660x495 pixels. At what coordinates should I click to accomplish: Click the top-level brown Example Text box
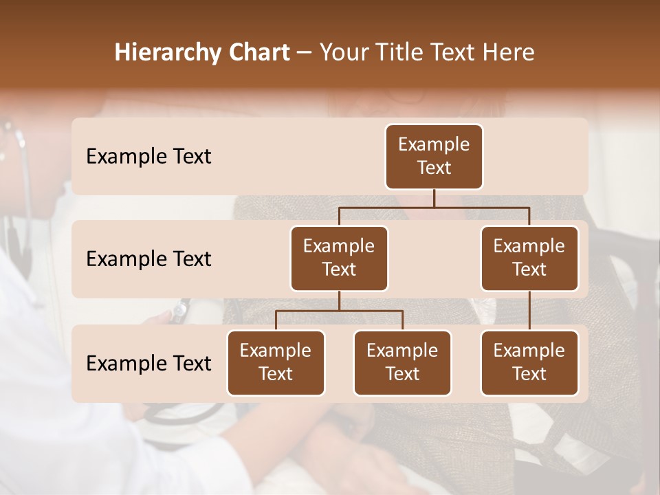(x=434, y=157)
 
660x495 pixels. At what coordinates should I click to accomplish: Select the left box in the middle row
(x=339, y=258)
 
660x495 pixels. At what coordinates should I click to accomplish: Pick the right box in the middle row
(x=529, y=258)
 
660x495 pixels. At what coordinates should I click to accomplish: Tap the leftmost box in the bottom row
(x=276, y=363)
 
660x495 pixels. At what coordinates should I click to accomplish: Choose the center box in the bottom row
(x=402, y=363)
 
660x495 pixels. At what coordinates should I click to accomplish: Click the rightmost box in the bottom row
(x=529, y=363)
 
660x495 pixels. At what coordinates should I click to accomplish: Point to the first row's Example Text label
(x=148, y=157)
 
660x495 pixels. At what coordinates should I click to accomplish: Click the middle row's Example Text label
(x=148, y=259)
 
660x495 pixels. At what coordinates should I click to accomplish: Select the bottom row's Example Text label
(x=148, y=364)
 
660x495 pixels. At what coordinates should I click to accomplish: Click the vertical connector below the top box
(x=434, y=198)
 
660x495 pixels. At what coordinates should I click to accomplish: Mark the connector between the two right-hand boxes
(x=529, y=311)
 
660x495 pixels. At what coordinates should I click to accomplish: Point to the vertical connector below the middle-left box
(x=339, y=301)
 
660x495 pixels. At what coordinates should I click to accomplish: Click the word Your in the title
(x=344, y=53)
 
